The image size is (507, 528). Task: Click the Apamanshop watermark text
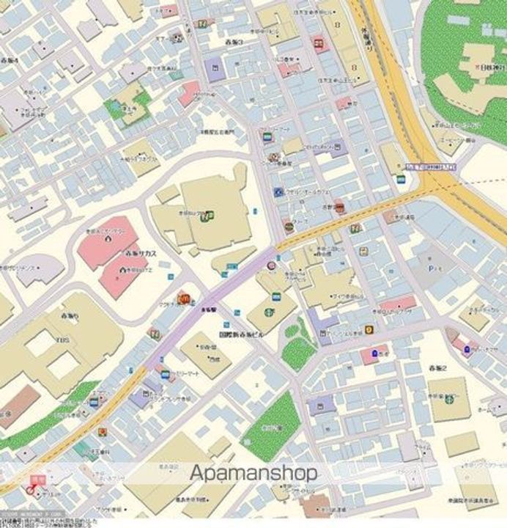click(x=253, y=473)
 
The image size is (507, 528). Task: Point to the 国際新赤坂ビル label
click(x=241, y=333)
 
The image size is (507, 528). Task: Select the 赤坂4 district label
click(x=10, y=59)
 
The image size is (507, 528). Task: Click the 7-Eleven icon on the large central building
click(x=210, y=215)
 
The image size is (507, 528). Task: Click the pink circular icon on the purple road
click(x=271, y=265)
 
